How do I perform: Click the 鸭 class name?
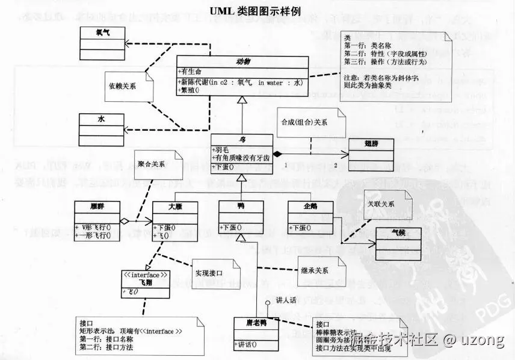(241, 206)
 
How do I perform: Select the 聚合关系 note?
(155, 163)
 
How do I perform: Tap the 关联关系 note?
(384, 204)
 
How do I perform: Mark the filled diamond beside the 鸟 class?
(278, 154)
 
